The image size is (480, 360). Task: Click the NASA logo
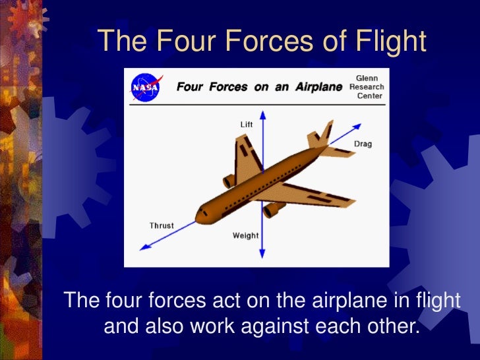coord(145,86)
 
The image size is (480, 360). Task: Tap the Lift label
coord(246,124)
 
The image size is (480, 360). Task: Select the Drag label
coord(363,144)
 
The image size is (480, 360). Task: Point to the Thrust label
coord(162,225)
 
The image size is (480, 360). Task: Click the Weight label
coord(246,235)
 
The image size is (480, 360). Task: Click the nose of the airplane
coord(198,215)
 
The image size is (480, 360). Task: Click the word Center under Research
coord(369,96)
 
